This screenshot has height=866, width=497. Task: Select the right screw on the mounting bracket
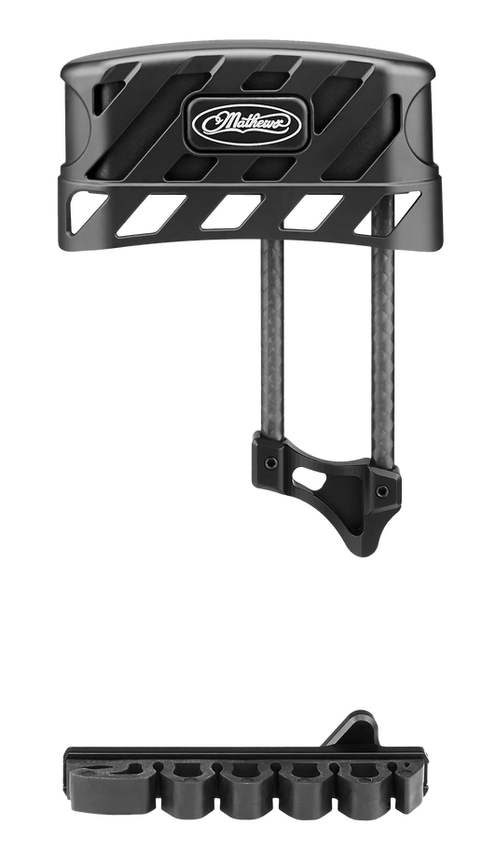[381, 488]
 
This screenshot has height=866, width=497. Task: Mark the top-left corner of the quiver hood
[69, 57]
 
